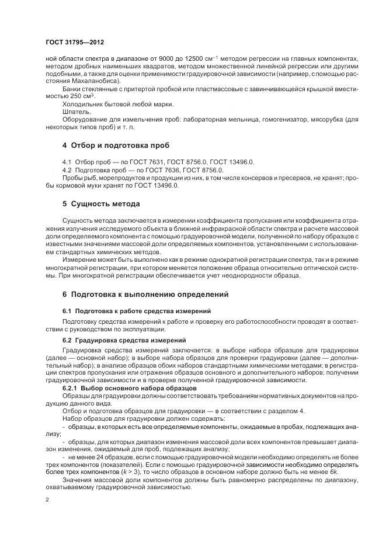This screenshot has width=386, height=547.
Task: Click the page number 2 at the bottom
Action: [47, 500]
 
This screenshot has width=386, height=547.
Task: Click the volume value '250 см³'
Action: [83, 96]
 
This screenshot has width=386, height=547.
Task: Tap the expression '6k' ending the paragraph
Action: [334, 471]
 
